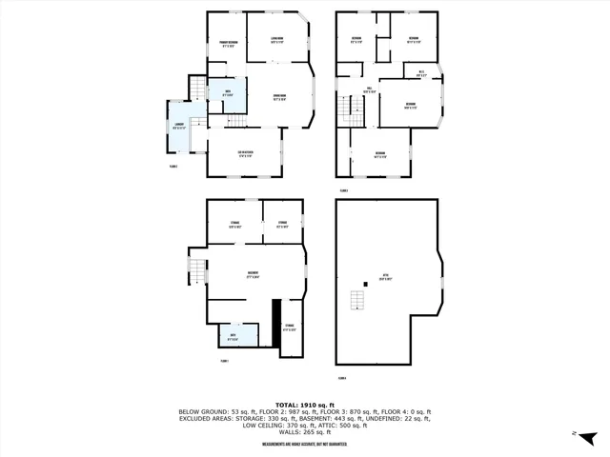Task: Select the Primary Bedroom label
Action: click(x=228, y=44)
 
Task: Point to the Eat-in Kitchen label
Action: click(x=245, y=153)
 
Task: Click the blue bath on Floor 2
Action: click(x=228, y=92)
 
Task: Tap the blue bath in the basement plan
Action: click(x=233, y=335)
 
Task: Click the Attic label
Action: click(x=384, y=279)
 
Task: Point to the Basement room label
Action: click(x=253, y=276)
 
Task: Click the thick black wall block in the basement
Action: click(x=276, y=328)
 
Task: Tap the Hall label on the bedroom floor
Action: click(x=367, y=90)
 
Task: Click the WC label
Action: click(x=421, y=73)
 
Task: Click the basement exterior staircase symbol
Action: click(x=195, y=271)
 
